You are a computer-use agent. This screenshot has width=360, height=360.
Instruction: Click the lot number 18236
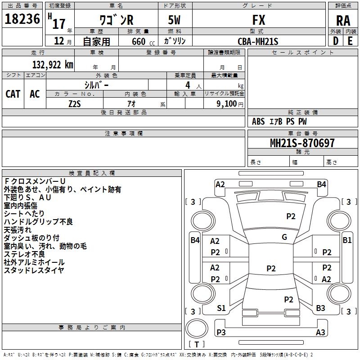click(x=22, y=20)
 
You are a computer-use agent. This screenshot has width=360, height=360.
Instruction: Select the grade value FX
click(x=258, y=20)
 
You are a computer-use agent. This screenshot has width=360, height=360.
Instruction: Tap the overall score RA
click(x=343, y=20)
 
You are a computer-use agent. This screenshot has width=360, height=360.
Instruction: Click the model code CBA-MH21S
click(x=258, y=41)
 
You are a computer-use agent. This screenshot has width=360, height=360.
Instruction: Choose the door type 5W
click(x=175, y=20)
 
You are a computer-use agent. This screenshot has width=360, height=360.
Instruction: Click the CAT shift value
click(x=13, y=94)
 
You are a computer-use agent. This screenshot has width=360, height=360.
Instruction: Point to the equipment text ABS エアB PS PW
click(x=280, y=121)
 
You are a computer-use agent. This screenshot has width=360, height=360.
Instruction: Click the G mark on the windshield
click(x=284, y=237)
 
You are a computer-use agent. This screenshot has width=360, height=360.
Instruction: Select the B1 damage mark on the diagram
click(x=347, y=240)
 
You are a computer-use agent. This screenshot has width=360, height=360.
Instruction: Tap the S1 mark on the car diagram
click(x=221, y=308)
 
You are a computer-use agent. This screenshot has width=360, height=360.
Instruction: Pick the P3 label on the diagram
click(x=221, y=333)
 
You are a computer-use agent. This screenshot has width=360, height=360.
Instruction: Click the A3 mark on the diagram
click(x=320, y=333)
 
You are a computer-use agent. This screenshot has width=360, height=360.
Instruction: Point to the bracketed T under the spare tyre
click(x=197, y=344)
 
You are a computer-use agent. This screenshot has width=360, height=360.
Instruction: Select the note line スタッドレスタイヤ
click(x=34, y=270)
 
